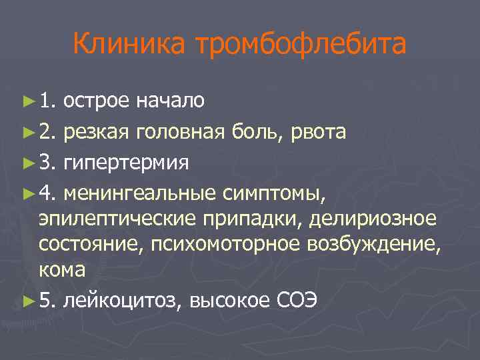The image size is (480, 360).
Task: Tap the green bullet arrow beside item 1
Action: point(27,101)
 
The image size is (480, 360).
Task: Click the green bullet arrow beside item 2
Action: point(27,133)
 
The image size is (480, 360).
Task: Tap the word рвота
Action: point(317,133)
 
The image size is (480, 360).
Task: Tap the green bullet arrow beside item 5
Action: point(27,302)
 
